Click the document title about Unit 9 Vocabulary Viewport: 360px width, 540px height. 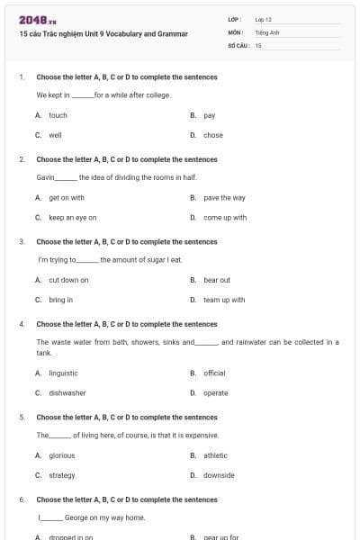click(103, 34)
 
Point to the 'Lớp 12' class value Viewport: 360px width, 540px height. click(264, 19)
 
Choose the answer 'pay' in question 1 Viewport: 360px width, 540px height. click(209, 115)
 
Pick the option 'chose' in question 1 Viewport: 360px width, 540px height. click(212, 135)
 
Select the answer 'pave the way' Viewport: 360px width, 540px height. click(224, 197)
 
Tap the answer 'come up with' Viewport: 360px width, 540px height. click(225, 217)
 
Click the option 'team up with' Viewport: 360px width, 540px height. click(224, 300)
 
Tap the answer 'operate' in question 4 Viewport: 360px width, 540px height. click(215, 392)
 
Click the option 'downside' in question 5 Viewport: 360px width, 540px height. click(219, 475)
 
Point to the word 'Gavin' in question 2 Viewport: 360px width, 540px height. click(46, 177)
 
